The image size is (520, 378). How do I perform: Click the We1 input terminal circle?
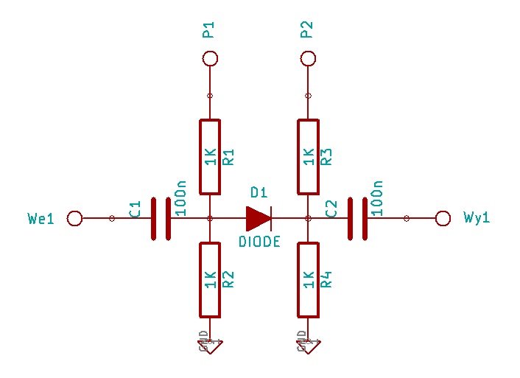[x=74, y=218]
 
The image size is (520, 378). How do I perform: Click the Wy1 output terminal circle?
[x=443, y=218]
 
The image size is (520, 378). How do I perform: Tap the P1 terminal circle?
[x=210, y=58]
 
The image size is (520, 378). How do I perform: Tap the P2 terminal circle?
[x=309, y=58]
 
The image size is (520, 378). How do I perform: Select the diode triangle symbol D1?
[x=259, y=218]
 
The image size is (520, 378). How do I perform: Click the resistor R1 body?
[x=210, y=157]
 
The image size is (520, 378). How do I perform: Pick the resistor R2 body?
[x=210, y=279]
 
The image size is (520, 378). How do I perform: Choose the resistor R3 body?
[x=309, y=157]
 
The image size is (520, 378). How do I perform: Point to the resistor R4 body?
[x=309, y=279]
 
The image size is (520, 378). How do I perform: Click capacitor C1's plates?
[x=161, y=218]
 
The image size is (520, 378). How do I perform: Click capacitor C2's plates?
[x=358, y=218]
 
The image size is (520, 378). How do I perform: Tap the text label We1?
[x=41, y=218]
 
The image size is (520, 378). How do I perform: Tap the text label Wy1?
[x=477, y=218]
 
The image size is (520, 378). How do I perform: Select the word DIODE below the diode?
[x=259, y=242]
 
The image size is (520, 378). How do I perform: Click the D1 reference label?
[x=259, y=193]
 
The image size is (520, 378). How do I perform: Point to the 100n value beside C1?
[x=182, y=197]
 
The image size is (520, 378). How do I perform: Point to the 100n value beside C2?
[x=378, y=197]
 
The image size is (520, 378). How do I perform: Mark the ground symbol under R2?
[x=210, y=343]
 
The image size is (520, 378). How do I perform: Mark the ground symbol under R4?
[x=309, y=343]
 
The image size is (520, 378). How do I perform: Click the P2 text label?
[x=307, y=29]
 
